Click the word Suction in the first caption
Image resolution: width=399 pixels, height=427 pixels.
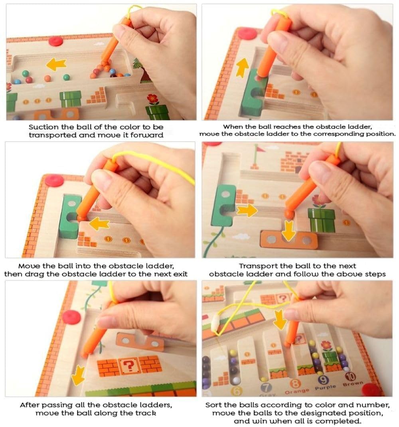(41, 127)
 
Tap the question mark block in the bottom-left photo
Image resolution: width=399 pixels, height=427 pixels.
(128, 364)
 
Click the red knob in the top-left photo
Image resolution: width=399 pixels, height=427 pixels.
(56, 41)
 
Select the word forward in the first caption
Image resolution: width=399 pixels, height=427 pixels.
(148, 135)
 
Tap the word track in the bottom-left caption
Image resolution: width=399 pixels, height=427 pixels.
(145, 413)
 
